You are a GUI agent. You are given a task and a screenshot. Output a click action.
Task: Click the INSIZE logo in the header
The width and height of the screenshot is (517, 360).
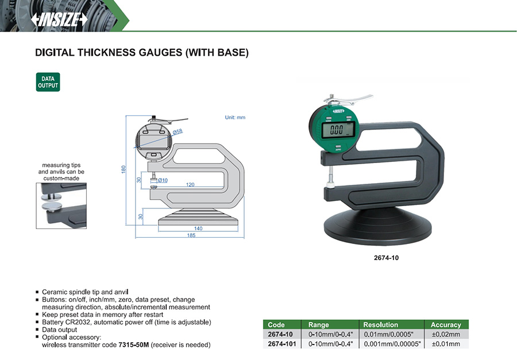tap(59, 20)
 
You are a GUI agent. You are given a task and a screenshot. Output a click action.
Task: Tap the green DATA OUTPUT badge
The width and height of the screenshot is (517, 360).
tap(48, 82)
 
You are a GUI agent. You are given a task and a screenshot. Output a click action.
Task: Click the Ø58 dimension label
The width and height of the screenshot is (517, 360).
tap(178, 132)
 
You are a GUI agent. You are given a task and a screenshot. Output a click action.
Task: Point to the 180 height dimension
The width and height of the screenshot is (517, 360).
tap(124, 169)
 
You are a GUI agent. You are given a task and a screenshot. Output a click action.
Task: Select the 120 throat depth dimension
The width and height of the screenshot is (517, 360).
tap(190, 185)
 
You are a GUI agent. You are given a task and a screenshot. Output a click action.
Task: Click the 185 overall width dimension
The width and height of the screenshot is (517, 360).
tap(191, 235)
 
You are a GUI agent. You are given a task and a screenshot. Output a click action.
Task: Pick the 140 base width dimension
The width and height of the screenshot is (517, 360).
tap(198, 229)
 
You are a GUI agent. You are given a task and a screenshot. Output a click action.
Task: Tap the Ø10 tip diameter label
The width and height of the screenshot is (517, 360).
tap(163, 180)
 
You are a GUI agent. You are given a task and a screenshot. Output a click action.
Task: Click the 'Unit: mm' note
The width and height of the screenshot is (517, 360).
tap(235, 117)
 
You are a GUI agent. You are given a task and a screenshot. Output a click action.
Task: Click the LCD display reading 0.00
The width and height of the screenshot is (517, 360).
tap(338, 130)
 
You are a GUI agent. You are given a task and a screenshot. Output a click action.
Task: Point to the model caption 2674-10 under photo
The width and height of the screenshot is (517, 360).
tap(386, 258)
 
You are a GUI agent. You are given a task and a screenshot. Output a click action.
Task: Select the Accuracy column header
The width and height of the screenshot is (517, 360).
tap(446, 325)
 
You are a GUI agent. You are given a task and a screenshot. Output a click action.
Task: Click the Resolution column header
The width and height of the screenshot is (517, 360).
tap(380, 325)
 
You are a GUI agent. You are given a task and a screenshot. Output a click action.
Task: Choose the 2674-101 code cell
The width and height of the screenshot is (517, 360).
tap(282, 344)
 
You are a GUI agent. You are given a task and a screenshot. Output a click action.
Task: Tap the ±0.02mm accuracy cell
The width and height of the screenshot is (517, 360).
tap(446, 334)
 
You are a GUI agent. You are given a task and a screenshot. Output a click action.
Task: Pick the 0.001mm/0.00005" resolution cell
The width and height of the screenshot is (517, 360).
tap(392, 344)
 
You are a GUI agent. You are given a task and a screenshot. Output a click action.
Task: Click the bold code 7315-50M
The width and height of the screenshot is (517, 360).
tap(133, 345)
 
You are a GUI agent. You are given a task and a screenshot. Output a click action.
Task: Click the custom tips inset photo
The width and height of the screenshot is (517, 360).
tap(61, 206)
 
